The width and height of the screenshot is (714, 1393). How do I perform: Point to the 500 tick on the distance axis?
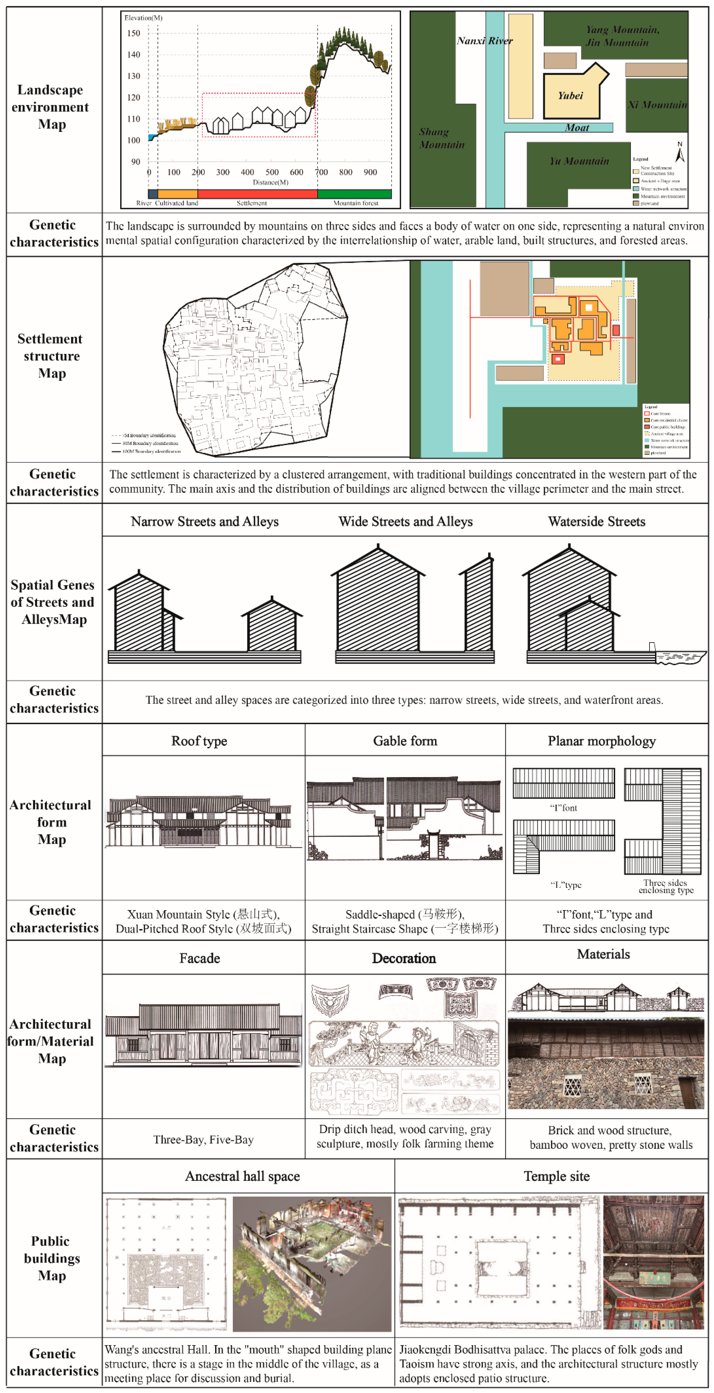[x=272, y=172]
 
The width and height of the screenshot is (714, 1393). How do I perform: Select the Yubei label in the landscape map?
[x=570, y=96]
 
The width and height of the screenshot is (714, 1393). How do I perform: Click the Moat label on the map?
[x=577, y=128]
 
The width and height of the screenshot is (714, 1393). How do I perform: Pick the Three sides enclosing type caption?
[x=665, y=887]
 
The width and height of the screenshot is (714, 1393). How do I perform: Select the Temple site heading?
[x=556, y=1177]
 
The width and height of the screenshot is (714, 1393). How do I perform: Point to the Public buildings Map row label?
[x=51, y=1258]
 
